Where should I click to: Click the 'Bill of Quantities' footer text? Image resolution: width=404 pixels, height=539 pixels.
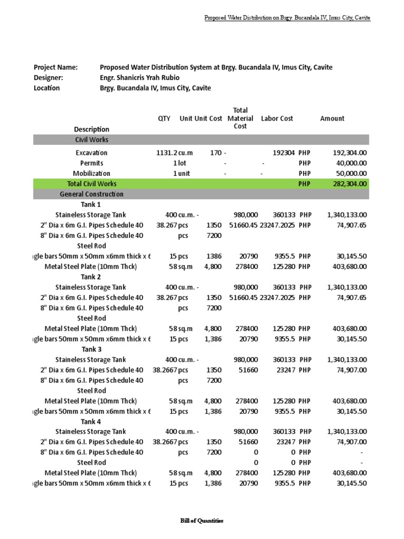coord(201,521)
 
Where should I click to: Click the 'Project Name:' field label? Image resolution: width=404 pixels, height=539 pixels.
coord(55,67)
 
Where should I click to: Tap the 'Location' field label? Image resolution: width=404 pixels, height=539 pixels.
coord(47,88)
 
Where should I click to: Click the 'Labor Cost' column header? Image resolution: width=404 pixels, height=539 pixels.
coord(277,118)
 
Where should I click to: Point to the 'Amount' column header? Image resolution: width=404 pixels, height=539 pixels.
coord(332,118)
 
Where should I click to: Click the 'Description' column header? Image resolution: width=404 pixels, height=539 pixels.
coord(92,129)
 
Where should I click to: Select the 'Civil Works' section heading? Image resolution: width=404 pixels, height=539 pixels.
coord(92,140)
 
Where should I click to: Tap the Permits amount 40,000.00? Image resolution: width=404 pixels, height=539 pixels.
coord(351,163)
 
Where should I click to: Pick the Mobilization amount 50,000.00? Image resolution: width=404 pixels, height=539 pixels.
coord(351,173)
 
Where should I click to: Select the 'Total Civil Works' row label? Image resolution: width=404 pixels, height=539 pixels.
coord(92,184)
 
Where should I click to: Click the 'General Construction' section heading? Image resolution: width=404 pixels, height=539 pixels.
coord(92,194)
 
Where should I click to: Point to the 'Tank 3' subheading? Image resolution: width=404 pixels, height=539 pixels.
coord(92,349)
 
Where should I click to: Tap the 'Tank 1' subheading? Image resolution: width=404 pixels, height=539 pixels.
coord(92,204)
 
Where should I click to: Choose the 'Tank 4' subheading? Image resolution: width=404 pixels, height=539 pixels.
coord(92,422)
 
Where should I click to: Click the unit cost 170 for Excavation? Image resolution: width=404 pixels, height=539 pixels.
coord(216,153)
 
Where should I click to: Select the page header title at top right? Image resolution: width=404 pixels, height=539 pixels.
coord(287,18)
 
